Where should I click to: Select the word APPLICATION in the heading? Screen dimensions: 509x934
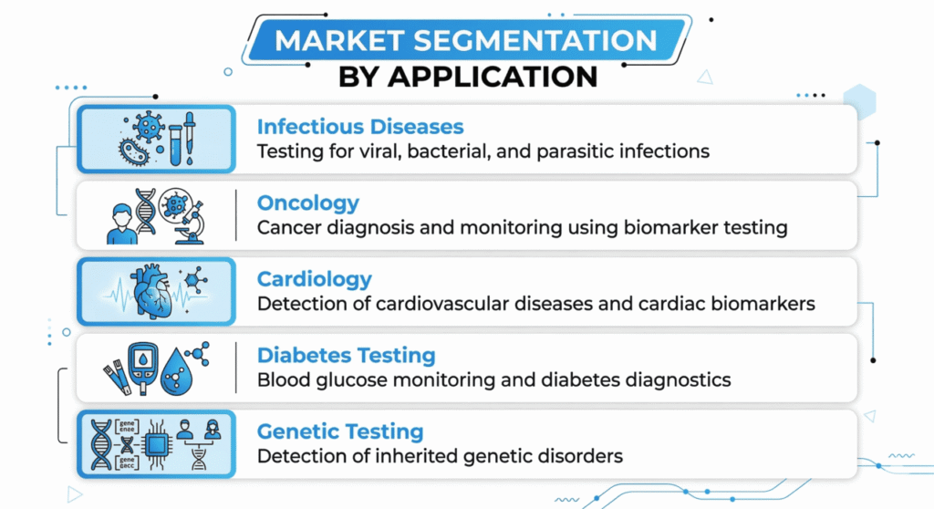tap(493, 76)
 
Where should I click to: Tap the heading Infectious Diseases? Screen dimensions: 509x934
tap(360, 127)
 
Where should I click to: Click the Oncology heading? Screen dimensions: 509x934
tap(308, 203)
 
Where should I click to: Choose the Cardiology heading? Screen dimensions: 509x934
tap(315, 278)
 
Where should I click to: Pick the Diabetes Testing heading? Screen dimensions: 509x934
tap(346, 355)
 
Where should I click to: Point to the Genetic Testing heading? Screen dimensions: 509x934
tap(341, 431)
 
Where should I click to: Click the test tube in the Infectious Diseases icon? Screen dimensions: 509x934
tap(173, 141)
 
